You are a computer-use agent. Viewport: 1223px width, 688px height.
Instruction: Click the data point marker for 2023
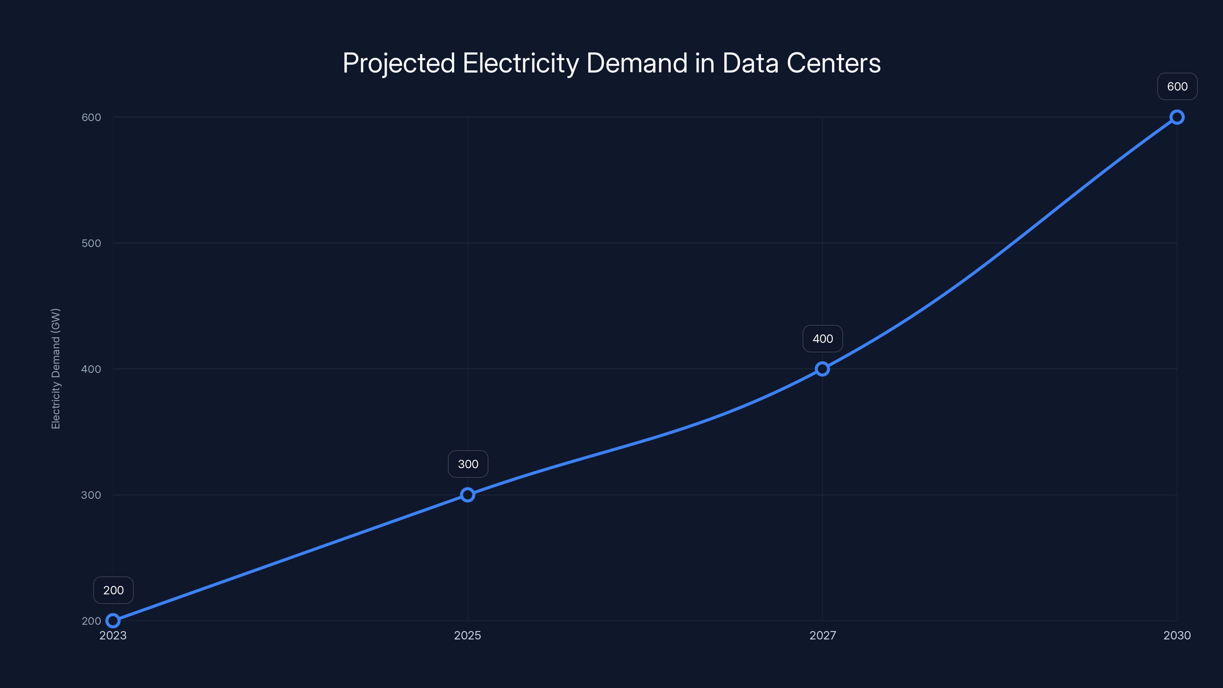(113, 621)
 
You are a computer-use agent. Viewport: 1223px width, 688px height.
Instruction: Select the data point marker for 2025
(468, 495)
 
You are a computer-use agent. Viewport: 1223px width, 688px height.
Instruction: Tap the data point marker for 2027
(822, 369)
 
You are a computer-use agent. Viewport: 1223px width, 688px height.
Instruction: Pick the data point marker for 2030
(1177, 117)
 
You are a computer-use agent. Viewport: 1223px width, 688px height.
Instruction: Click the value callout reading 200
(114, 590)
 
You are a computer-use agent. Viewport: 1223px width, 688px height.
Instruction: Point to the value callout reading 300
(468, 464)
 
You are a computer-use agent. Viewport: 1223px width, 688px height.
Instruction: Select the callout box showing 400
(823, 339)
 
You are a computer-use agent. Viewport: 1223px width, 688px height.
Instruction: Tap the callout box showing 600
(1178, 86)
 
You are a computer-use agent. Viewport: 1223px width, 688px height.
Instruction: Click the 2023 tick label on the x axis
(113, 635)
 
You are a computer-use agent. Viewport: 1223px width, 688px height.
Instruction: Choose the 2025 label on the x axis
(468, 635)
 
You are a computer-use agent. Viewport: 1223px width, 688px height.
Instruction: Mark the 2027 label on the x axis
(822, 635)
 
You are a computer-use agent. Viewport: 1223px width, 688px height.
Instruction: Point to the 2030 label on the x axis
(1177, 635)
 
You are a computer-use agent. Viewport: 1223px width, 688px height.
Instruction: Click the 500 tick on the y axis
(91, 243)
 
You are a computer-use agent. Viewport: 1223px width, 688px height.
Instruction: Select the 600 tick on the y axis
(91, 117)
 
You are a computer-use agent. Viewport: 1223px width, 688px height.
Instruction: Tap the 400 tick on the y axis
(91, 369)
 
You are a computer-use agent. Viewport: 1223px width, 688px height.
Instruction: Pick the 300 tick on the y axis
(91, 495)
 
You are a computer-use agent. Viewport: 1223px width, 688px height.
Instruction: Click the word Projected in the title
(399, 63)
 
